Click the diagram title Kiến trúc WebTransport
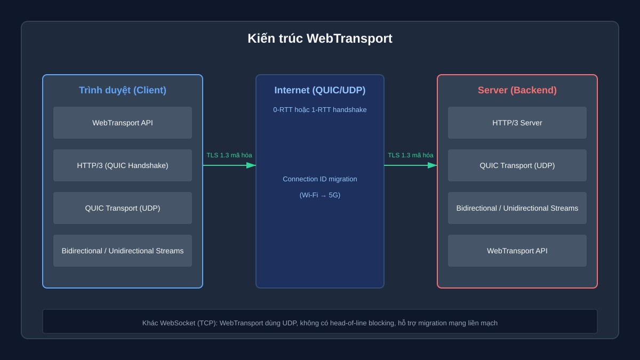point(319,38)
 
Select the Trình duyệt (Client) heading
point(123,90)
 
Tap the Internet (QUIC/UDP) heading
point(319,90)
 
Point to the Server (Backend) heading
point(517,90)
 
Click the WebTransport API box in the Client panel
point(123,123)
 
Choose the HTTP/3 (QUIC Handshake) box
point(123,165)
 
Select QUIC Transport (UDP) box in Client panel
point(123,208)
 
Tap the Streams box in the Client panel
point(123,251)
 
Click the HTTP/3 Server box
point(517,123)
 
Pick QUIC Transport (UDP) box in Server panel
point(517,165)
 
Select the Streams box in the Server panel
point(517,208)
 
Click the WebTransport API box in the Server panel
point(517,251)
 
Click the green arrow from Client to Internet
point(229,165)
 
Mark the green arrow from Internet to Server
point(411,165)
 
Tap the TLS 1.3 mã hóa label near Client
point(229,155)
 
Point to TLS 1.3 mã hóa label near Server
point(411,155)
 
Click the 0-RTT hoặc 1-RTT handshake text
point(319,110)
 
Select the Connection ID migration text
point(319,179)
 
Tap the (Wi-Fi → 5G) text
point(319,195)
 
